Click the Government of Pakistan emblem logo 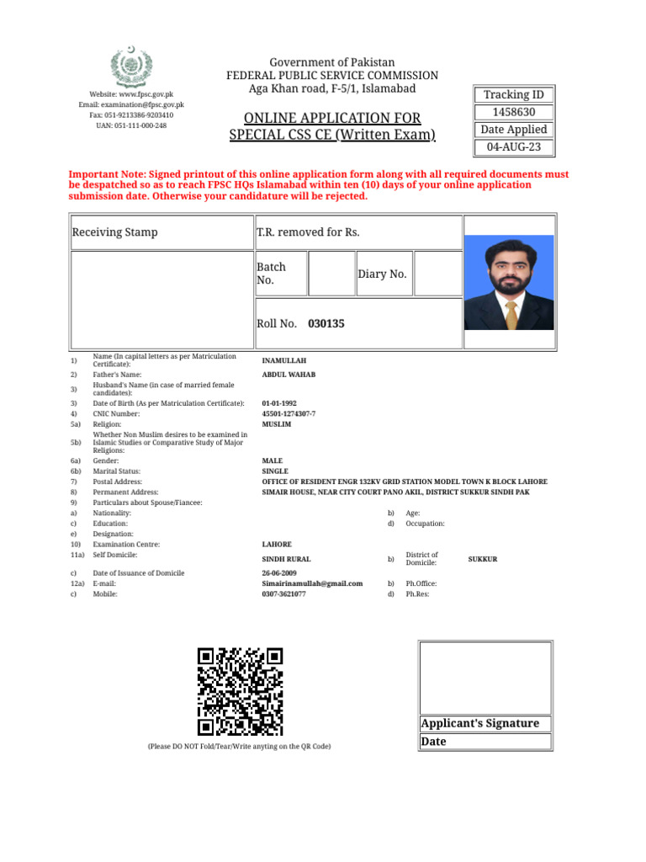tap(130, 65)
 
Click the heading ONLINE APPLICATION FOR tap(332, 118)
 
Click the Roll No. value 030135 tap(326, 323)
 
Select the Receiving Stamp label tap(114, 231)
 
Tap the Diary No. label tap(382, 274)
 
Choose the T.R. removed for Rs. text tap(308, 231)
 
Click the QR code tap(240, 692)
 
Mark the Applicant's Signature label tap(479, 724)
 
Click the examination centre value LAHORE tap(277, 545)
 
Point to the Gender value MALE tap(273, 461)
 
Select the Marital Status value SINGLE tap(275, 471)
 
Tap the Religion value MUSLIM tap(277, 424)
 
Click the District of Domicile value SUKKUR tap(482, 559)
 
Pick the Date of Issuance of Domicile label tap(138, 572)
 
